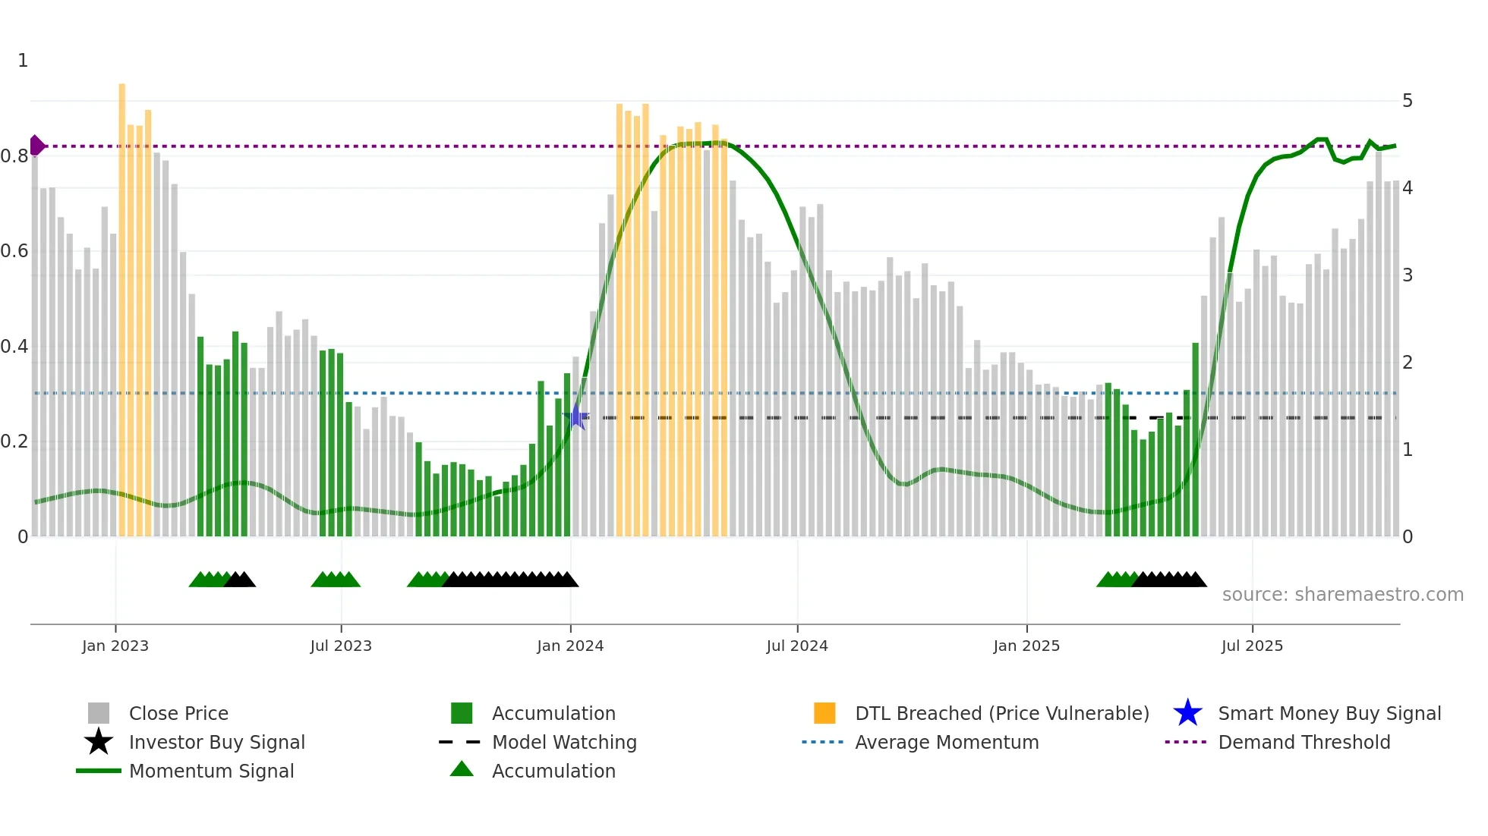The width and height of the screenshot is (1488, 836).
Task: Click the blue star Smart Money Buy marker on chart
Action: (577, 416)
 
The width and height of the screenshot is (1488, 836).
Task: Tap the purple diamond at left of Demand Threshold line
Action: (36, 146)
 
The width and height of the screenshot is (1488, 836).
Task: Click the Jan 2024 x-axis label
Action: (570, 646)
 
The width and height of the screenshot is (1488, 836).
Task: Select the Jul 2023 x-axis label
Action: (341, 646)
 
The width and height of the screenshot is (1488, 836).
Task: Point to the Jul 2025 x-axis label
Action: (1252, 646)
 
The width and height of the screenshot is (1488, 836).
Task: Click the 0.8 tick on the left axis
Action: (14, 156)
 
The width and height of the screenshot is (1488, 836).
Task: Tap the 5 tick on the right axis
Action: (1408, 101)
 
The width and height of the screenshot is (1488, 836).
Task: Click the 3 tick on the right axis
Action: (1408, 275)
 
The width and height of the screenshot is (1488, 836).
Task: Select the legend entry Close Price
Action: (178, 713)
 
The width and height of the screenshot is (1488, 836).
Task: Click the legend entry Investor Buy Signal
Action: (216, 742)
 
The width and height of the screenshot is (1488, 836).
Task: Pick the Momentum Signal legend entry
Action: (211, 771)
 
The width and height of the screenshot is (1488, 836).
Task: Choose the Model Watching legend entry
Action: (564, 742)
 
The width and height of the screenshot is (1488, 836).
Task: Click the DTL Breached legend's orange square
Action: (824, 713)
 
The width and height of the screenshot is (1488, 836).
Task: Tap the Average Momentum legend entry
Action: (947, 742)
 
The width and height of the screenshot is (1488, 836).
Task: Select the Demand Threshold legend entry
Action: (1304, 742)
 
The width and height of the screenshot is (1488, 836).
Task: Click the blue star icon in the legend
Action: (1187, 713)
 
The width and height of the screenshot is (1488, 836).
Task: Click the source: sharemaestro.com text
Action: (1342, 595)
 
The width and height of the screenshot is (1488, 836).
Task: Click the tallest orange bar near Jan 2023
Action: (121, 303)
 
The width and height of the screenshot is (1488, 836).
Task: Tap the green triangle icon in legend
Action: (462, 769)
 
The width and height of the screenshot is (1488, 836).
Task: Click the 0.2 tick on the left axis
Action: (14, 442)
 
